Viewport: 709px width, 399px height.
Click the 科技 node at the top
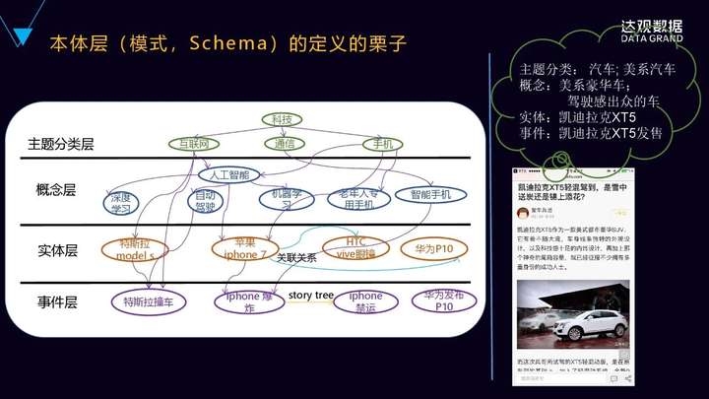[x=281, y=119]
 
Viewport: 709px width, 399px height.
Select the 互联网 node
[x=200, y=144]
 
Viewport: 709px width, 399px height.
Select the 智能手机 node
[x=429, y=195]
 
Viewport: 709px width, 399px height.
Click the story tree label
[x=311, y=295]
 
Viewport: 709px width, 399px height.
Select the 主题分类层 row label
[x=61, y=145]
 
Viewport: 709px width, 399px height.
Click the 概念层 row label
[x=55, y=190]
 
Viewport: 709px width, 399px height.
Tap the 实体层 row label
[x=56, y=251]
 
